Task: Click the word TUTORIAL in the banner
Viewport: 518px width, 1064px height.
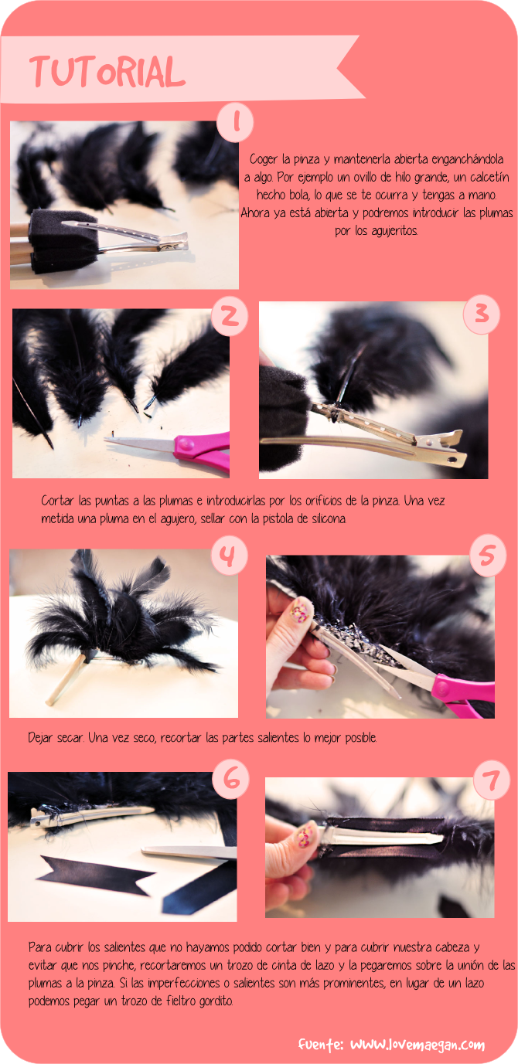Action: pos(107,72)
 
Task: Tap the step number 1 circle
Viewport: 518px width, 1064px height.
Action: pos(235,123)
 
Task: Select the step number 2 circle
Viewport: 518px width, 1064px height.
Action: pos(230,316)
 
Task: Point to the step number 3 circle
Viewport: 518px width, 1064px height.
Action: pos(482,314)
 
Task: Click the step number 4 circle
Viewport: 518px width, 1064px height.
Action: pos(229,556)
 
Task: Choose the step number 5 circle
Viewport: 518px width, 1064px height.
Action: pos(488,556)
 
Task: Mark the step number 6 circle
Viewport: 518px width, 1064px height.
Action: pos(231,780)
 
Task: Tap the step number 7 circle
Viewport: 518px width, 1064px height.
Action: pos(492,780)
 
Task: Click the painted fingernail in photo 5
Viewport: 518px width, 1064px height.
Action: pos(300,610)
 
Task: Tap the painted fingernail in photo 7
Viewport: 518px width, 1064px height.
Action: pos(305,837)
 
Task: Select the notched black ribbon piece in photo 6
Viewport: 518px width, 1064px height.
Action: pos(97,876)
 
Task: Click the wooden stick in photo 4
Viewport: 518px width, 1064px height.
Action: pos(66,679)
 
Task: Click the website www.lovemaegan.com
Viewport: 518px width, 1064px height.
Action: pos(417,1045)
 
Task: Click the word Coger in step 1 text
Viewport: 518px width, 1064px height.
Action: pos(264,159)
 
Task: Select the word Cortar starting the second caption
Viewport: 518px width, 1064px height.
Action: pos(57,501)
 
